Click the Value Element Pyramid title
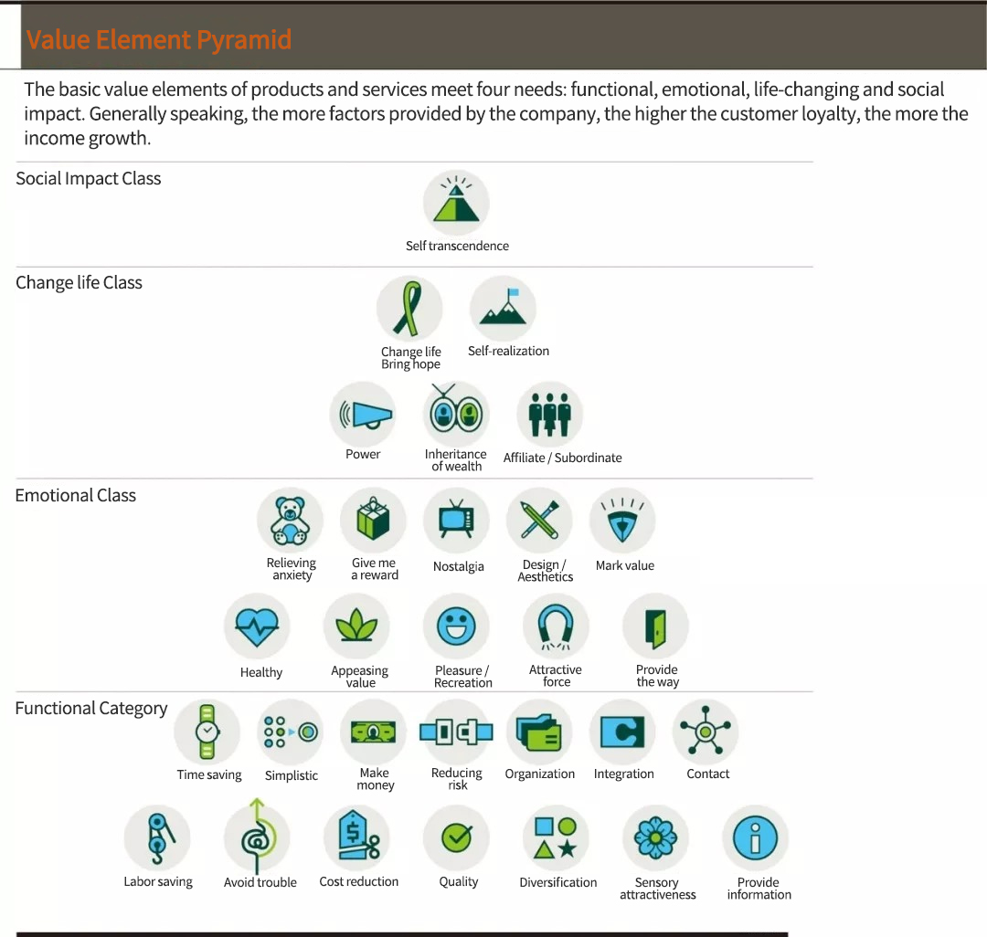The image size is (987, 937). [x=159, y=39]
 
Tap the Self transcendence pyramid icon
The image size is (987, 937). [x=456, y=203]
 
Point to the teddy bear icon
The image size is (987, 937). [x=290, y=521]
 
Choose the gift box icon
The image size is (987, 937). [x=373, y=521]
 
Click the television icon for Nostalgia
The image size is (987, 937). [x=456, y=521]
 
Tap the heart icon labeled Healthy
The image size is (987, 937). [x=257, y=626]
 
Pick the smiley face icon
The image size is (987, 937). [x=456, y=626]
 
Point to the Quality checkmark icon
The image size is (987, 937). [x=456, y=837]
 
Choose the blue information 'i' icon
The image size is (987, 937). [x=756, y=837]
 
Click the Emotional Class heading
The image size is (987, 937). [x=76, y=496]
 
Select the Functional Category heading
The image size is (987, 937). [x=91, y=709]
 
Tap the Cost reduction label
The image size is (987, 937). [x=359, y=881]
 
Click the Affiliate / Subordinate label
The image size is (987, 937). [x=562, y=458]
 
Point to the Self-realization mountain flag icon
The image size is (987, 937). [x=503, y=309]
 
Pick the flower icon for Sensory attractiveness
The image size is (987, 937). [x=655, y=837]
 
